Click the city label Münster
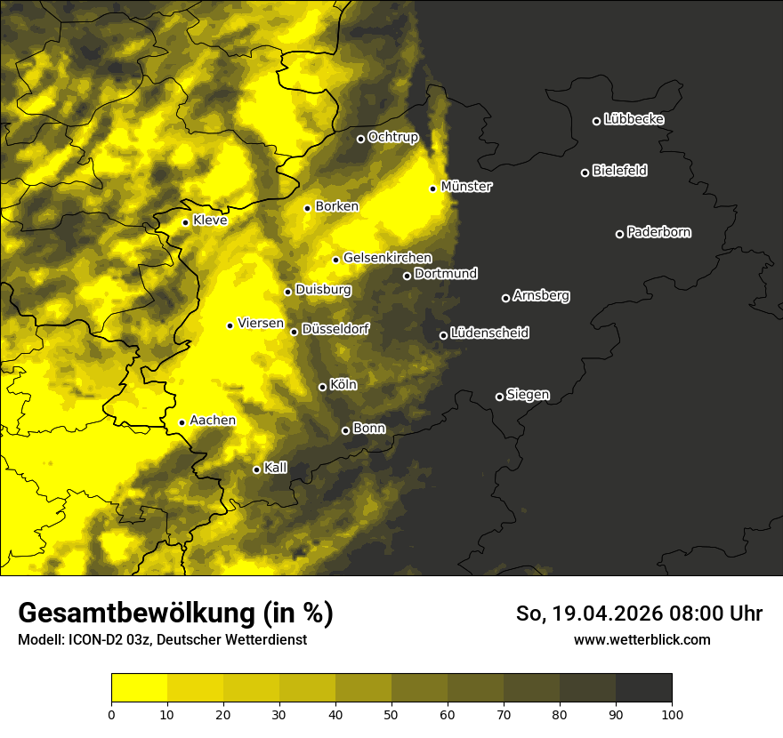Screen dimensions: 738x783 466,187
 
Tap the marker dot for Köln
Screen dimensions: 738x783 322,387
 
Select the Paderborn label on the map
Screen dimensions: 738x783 658,232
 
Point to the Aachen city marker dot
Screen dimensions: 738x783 182,422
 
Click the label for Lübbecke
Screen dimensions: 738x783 634,119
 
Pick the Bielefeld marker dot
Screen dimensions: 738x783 585,172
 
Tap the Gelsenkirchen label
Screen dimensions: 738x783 387,258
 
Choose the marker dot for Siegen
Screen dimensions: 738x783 499,397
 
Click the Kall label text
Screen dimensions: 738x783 276,468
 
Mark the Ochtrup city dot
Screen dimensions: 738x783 360,139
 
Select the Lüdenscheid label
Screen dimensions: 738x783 489,333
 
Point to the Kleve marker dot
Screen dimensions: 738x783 185,222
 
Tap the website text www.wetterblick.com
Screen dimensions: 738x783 642,639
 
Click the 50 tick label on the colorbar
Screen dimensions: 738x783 391,713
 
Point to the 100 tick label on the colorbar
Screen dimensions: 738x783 672,713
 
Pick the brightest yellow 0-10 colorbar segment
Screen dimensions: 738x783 139,688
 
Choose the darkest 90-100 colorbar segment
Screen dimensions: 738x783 643,688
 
